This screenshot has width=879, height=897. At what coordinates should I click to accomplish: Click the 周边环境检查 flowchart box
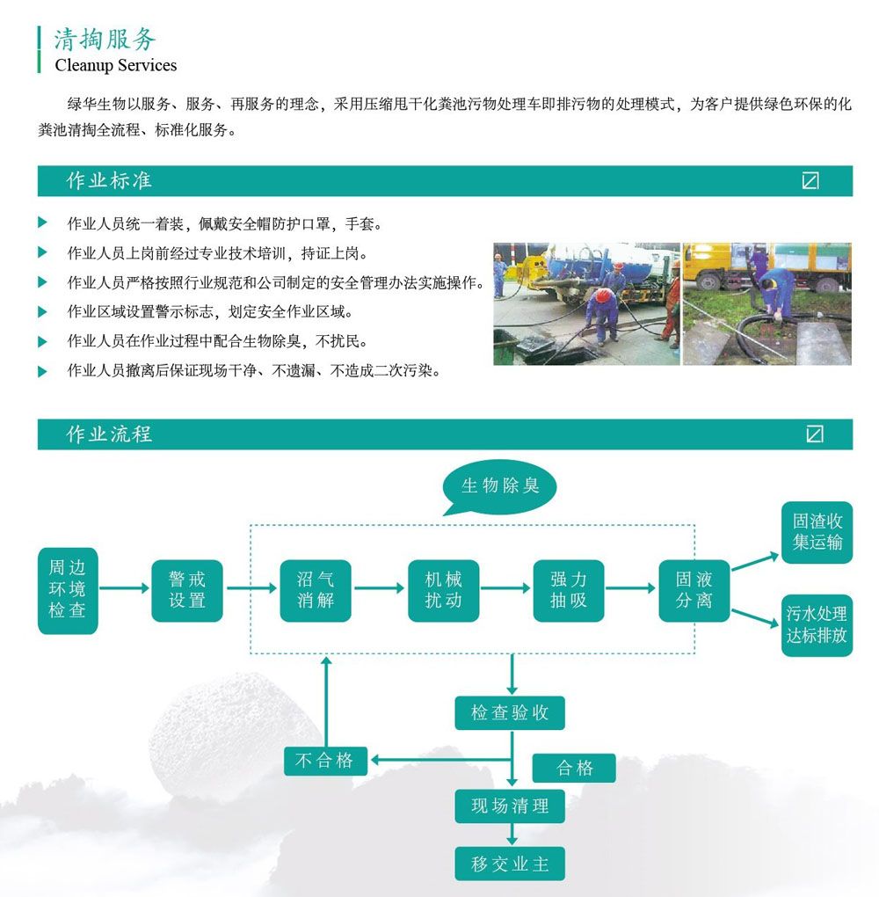tap(68, 590)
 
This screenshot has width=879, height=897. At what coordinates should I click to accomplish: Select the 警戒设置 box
tap(186, 590)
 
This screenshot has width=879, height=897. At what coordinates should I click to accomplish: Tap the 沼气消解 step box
tap(316, 590)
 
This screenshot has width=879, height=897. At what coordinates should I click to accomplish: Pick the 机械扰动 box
tap(443, 590)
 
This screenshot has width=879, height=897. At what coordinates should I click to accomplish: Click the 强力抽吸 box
tap(569, 590)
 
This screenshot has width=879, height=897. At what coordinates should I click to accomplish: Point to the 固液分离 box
tap(694, 590)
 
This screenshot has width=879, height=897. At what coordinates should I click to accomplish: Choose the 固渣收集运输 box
tap(817, 532)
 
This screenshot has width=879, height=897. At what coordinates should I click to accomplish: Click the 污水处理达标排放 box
tap(817, 624)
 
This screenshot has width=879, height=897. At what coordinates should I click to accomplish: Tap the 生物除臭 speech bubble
tap(499, 485)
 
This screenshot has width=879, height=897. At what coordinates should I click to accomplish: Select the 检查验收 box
tap(510, 712)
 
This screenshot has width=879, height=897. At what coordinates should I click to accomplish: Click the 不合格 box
tap(325, 760)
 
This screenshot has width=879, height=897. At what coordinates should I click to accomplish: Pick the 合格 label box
tap(575, 768)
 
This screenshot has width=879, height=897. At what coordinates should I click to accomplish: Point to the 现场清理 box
tap(510, 806)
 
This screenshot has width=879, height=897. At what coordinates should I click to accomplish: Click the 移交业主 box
tap(510, 864)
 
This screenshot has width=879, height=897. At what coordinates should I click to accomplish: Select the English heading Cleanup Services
tap(115, 65)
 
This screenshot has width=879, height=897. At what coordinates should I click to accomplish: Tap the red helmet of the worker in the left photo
tap(602, 296)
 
